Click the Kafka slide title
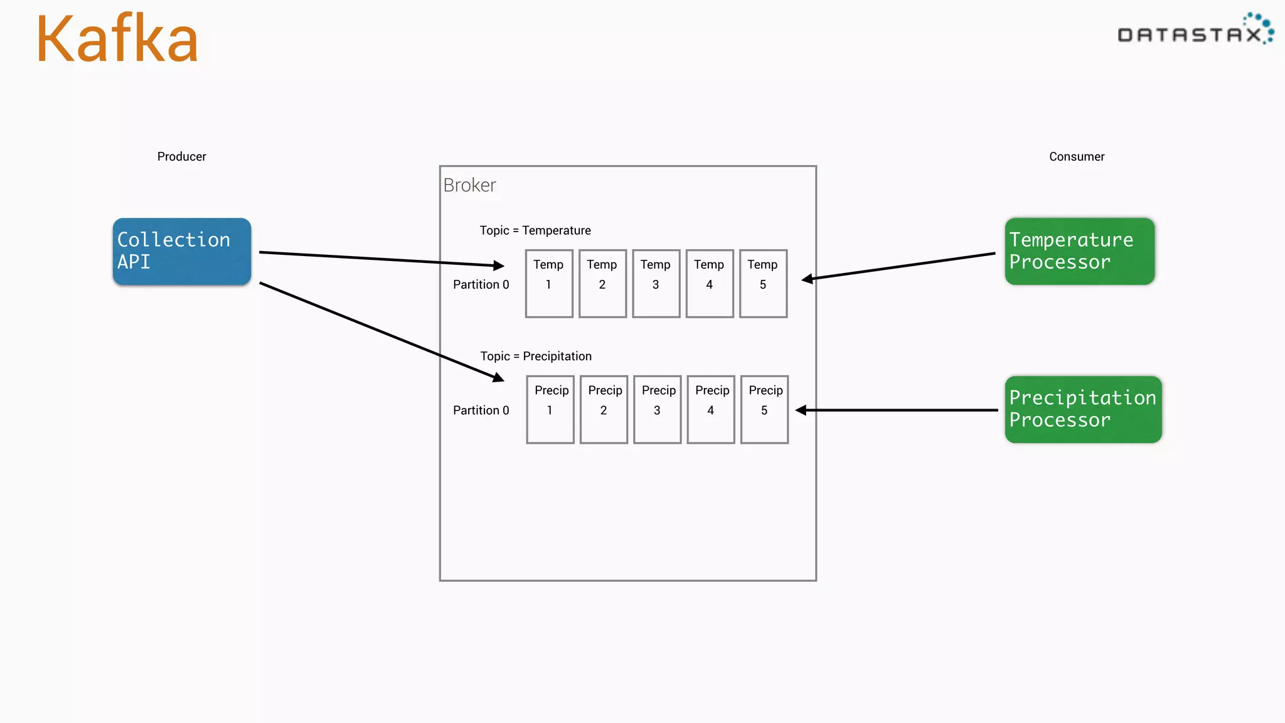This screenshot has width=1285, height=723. pos(117,40)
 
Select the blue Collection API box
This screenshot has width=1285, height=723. pos(182,252)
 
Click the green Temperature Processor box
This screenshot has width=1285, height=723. pos(1079,252)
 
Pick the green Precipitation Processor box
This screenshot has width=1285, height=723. pos(1083,409)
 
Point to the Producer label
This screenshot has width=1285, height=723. pos(181,156)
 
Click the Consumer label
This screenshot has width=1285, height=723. pos(1077,156)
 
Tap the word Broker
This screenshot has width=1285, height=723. pos(469,185)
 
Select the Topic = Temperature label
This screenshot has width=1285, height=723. pos(535,230)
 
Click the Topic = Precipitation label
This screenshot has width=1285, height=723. pos(536,356)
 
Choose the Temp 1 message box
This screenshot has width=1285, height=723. pos(549,284)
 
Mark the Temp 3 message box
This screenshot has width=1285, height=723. pos(656,284)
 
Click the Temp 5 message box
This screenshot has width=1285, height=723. pos(763,284)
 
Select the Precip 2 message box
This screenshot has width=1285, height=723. pos(604,409)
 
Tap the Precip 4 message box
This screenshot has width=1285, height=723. pos(711,409)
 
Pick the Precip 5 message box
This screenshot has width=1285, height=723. pos(764,409)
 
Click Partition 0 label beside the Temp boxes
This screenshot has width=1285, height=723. pos(481,284)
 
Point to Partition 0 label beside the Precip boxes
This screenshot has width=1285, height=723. pos(481,410)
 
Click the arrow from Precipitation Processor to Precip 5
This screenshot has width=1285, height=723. pos(897,410)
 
